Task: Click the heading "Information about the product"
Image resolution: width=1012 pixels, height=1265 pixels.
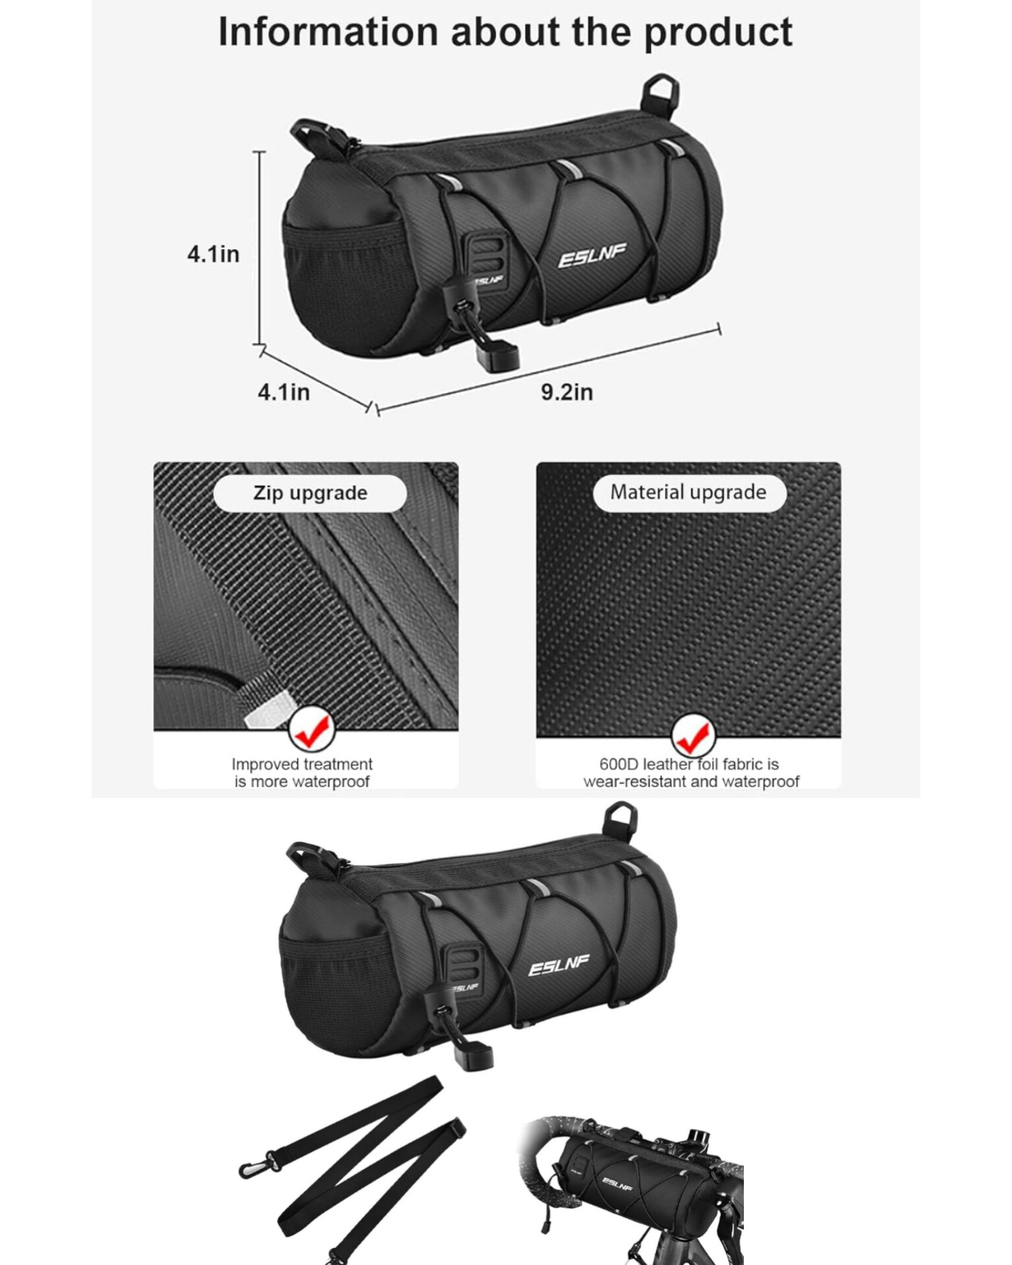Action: tap(505, 33)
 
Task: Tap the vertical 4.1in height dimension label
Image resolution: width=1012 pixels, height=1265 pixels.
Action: tap(213, 254)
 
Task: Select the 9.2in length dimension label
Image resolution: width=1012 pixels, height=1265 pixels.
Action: tap(567, 392)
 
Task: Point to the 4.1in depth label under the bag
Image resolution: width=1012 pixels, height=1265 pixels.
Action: tap(283, 392)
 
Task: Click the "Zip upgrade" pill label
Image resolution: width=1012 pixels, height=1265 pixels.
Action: tap(310, 493)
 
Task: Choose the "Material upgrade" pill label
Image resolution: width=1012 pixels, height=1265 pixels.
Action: tap(689, 492)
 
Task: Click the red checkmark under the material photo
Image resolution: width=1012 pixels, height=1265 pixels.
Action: tap(693, 737)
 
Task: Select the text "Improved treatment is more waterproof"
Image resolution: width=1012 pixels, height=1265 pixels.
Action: tap(302, 773)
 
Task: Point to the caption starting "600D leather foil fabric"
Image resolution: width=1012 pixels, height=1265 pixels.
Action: tap(690, 773)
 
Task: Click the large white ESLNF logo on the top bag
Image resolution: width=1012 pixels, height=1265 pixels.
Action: tap(592, 256)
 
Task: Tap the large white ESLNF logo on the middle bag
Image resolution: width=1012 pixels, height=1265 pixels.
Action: tap(559, 967)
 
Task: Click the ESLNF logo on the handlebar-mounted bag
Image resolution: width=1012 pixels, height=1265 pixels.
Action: tap(617, 1183)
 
